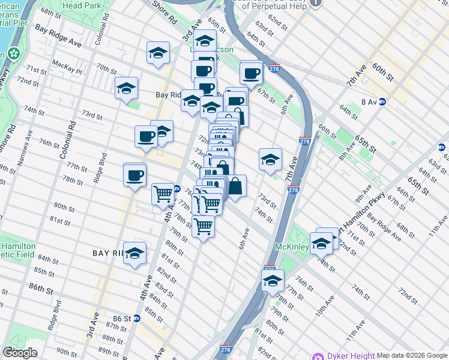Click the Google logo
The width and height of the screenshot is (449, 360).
20,353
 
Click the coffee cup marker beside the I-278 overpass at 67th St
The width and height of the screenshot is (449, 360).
251,74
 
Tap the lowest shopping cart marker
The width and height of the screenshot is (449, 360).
203,227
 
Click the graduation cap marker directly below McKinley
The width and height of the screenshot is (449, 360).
273,280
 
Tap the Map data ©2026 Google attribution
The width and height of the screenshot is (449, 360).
411,355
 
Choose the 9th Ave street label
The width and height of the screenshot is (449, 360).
363,195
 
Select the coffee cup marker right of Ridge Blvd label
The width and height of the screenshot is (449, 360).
135,175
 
